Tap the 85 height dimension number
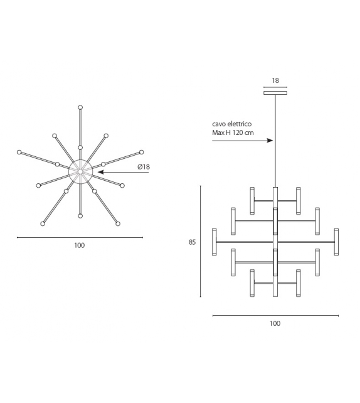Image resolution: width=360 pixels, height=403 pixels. click(x=193, y=241)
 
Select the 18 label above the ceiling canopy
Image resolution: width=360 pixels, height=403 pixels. click(x=275, y=81)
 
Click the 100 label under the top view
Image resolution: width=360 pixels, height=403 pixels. click(x=79, y=245)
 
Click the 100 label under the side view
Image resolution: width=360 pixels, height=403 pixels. click(x=275, y=324)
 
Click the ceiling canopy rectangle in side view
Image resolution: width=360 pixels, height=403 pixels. click(x=275, y=94)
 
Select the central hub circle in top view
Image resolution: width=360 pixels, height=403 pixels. click(x=80, y=171)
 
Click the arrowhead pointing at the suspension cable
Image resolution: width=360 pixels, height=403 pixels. click(x=270, y=141)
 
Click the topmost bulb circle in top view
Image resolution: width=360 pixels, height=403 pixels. click(x=80, y=107)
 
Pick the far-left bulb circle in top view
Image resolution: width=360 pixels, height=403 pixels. click(x=19, y=152)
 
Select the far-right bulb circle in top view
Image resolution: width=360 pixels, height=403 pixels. click(x=141, y=152)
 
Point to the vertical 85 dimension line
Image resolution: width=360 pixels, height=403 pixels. click(x=200, y=241)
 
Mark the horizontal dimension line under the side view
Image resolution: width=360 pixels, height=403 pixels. click(x=275, y=316)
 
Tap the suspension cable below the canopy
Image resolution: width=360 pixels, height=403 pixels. click(x=275, y=144)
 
